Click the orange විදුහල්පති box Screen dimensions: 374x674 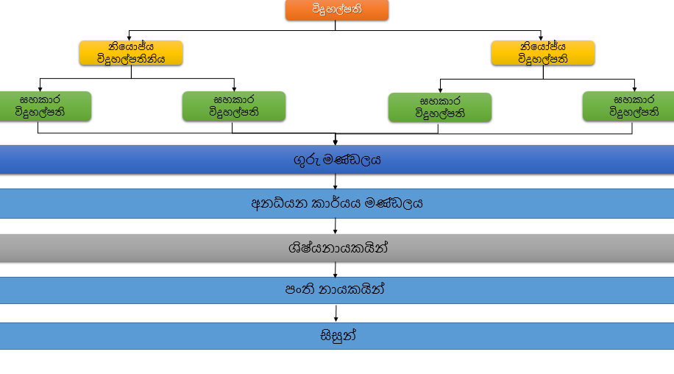(336, 10)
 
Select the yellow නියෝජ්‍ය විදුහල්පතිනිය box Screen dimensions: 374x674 (130, 54)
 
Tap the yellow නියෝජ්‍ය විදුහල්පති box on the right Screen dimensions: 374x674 (542, 54)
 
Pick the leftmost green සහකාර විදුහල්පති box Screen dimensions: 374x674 (44, 106)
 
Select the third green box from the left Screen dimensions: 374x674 (439, 107)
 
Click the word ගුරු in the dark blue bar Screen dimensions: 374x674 (302, 159)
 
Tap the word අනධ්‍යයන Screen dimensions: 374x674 (277, 203)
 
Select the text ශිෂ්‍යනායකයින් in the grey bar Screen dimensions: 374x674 (337, 248)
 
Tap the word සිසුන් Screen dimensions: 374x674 (337, 336)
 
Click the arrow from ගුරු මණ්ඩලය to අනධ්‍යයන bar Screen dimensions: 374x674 (336, 182)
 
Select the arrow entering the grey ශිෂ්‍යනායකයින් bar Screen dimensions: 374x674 (336, 227)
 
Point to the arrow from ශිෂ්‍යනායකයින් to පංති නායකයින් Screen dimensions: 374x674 (336, 270)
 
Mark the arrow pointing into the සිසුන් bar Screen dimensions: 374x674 (336, 314)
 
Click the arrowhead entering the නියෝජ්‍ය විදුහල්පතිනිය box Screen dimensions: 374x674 (130, 38)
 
